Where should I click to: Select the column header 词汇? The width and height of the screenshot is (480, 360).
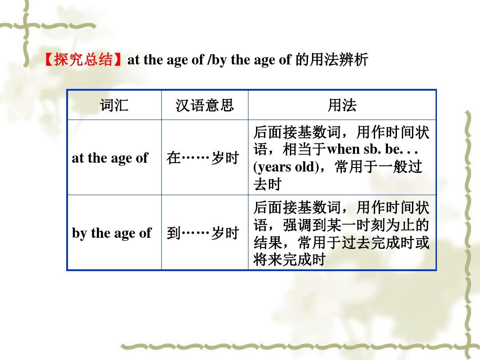[114, 105]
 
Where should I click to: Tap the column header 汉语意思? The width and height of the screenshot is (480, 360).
[204, 105]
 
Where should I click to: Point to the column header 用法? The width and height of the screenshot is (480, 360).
[342, 105]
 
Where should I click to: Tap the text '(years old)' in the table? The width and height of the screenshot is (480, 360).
[286, 167]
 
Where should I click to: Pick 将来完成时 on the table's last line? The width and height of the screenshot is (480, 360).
[289, 260]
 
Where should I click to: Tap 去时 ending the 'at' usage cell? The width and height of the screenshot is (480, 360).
[268, 184]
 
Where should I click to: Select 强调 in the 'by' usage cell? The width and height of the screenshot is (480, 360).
[297, 225]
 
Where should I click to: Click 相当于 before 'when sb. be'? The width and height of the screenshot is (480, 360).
[305, 150]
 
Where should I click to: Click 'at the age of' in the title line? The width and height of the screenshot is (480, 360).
[166, 60]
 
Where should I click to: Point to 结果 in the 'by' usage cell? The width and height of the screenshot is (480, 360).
[268, 243]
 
